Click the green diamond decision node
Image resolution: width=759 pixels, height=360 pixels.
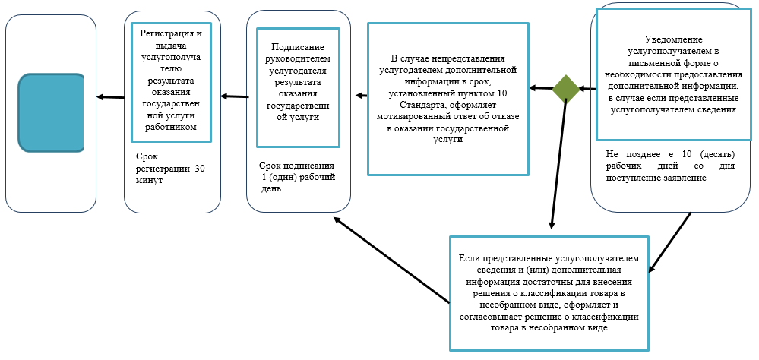tap(566, 89)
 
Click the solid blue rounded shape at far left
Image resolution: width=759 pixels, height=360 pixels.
tap(51, 112)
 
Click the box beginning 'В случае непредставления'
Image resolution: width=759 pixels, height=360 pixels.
tap(447, 98)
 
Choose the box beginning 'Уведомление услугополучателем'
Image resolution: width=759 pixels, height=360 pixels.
tap(672, 74)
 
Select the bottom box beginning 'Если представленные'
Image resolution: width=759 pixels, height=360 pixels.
tap(549, 292)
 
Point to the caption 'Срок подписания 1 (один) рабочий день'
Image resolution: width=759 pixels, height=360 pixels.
tap(298, 177)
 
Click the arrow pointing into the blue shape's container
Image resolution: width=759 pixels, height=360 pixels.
tap(110, 96)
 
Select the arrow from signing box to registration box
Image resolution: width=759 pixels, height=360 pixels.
tap(235, 96)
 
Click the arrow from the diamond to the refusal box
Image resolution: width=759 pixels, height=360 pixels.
tap(541, 88)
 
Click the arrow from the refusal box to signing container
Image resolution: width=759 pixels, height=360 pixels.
tap(362, 96)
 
